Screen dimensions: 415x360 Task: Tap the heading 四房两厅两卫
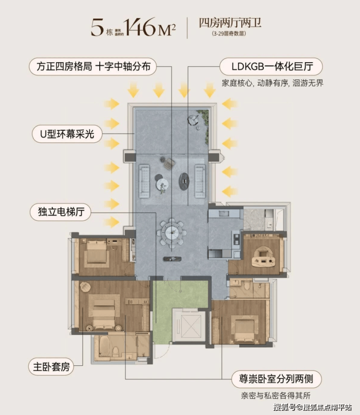[230, 23]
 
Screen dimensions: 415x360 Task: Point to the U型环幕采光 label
[68, 134]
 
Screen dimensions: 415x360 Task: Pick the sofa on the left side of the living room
[144, 181]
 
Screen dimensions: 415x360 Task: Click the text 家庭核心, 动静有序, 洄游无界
[272, 83]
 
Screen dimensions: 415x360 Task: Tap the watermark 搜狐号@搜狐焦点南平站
[312, 407]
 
